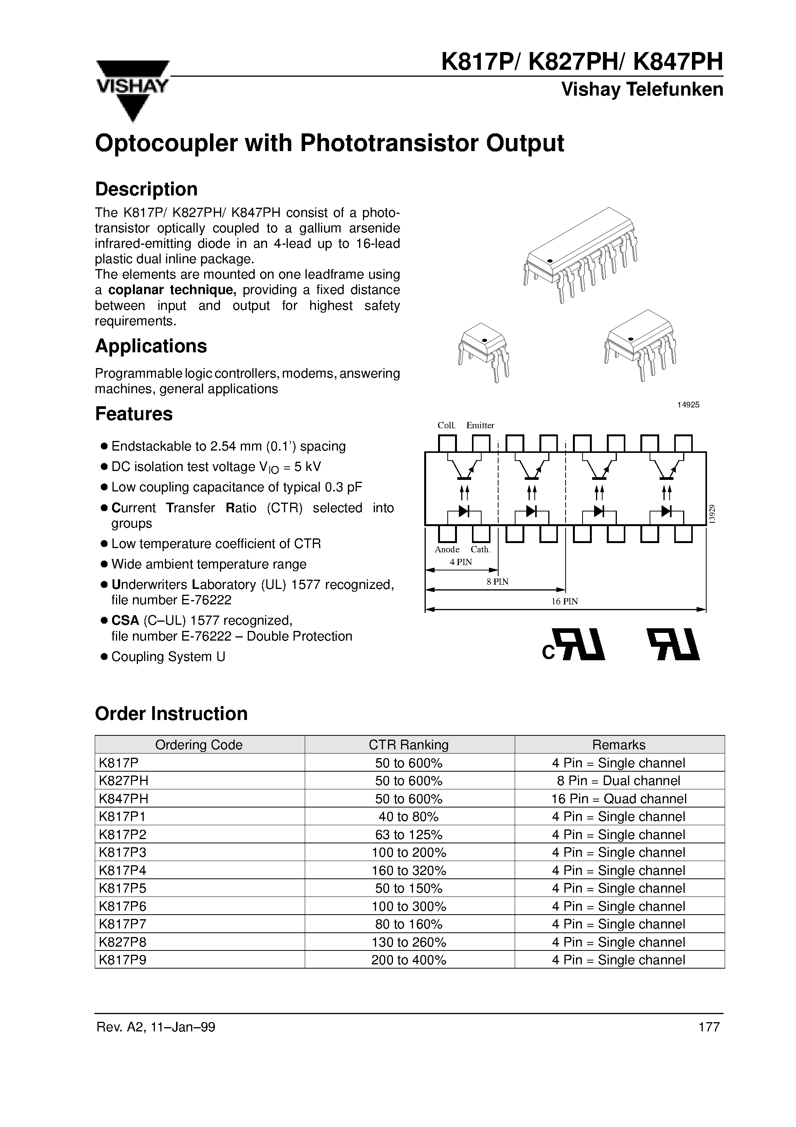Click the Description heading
(x=146, y=189)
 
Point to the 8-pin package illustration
(x=640, y=343)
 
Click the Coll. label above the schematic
(x=447, y=425)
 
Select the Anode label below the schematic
(x=447, y=549)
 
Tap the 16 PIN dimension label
(x=564, y=601)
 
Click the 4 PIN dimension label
(x=461, y=562)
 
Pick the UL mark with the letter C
(x=574, y=645)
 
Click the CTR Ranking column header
(x=409, y=745)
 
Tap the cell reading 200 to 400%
(x=409, y=960)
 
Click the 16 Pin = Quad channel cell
(x=618, y=799)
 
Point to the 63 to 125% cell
(x=409, y=834)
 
